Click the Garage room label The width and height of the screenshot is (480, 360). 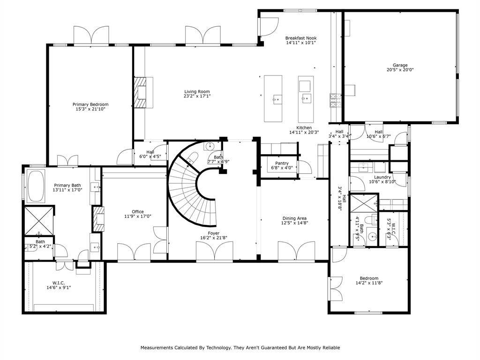[x=400, y=65]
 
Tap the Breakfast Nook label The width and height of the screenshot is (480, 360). [x=301, y=38]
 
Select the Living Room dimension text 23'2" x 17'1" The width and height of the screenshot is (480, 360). [x=197, y=96]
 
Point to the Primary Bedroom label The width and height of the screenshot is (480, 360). [x=90, y=105]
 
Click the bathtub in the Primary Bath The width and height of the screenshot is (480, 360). [x=36, y=186]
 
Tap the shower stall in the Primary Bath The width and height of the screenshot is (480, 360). [x=39, y=221]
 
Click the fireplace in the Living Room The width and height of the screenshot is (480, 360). [x=142, y=92]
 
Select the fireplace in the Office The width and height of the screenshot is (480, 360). [x=98, y=219]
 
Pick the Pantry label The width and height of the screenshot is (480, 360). [x=282, y=163]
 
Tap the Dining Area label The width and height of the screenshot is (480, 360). [x=294, y=218]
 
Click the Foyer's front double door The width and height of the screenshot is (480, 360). [x=214, y=252]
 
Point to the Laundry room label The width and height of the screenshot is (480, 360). [x=382, y=177]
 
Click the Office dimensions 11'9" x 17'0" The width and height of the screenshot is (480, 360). [x=138, y=216]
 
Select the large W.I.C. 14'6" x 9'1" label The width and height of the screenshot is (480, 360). [x=59, y=285]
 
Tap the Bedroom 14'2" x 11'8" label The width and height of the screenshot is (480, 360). [x=369, y=280]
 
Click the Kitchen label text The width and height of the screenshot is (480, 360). [x=304, y=127]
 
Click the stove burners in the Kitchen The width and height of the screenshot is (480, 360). [x=335, y=101]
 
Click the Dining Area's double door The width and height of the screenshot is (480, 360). [x=296, y=252]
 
